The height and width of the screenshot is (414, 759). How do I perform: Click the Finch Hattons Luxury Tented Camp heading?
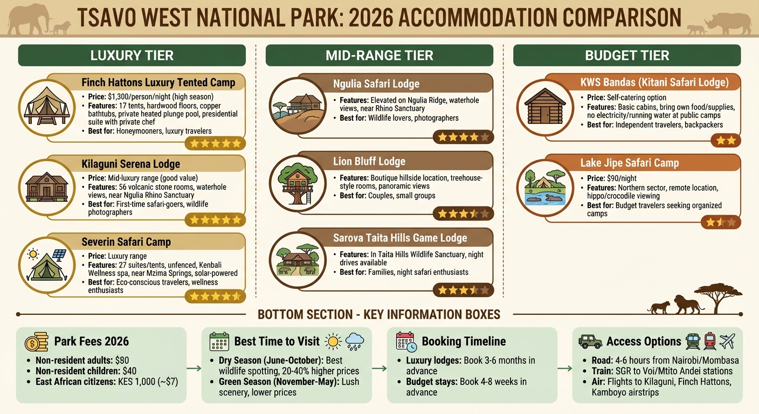(x=158, y=82)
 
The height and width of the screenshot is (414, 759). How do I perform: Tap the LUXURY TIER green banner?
(x=132, y=55)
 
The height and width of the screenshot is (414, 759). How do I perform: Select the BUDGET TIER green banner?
(x=627, y=55)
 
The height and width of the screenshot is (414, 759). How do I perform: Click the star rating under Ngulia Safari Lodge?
(x=463, y=137)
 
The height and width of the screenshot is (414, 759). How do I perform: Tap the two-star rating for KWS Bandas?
(x=725, y=141)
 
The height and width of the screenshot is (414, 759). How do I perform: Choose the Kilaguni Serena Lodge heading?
(x=130, y=164)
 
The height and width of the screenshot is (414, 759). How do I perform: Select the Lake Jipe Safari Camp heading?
(x=629, y=163)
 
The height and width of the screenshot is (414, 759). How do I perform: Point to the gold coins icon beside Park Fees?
(x=36, y=342)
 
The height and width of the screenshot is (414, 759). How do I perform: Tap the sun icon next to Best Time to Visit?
(x=334, y=341)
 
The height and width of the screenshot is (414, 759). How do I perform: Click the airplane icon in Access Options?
(x=728, y=341)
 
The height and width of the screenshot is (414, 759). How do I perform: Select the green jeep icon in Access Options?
(x=590, y=341)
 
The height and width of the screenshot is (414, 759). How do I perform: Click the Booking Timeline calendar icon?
(x=406, y=342)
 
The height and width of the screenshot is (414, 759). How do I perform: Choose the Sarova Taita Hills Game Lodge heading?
(x=400, y=238)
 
